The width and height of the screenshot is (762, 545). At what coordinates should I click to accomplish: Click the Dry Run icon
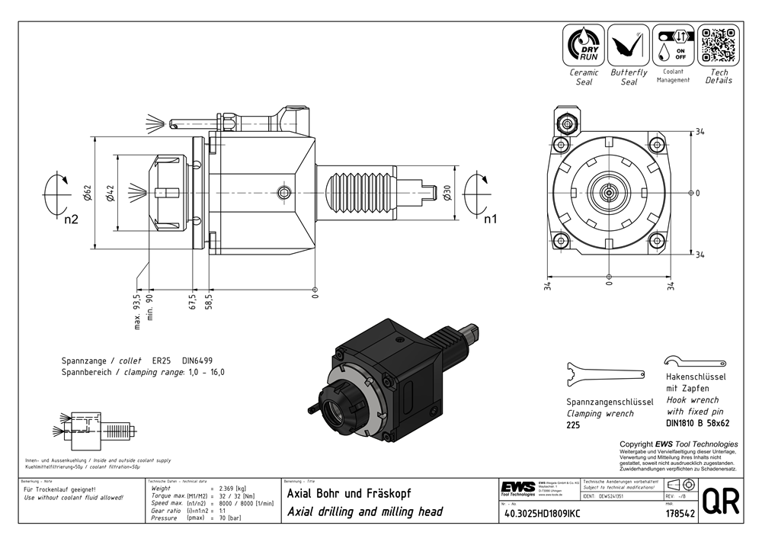point(583,44)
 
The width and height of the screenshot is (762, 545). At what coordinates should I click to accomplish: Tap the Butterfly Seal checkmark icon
point(629,44)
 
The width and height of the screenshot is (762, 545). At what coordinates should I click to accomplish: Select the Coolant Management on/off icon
point(673,44)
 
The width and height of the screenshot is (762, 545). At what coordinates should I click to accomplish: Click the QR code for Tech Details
point(719,44)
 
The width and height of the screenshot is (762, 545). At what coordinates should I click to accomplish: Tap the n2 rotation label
point(71,220)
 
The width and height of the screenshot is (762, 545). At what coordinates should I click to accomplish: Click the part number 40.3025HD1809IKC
point(542,515)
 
